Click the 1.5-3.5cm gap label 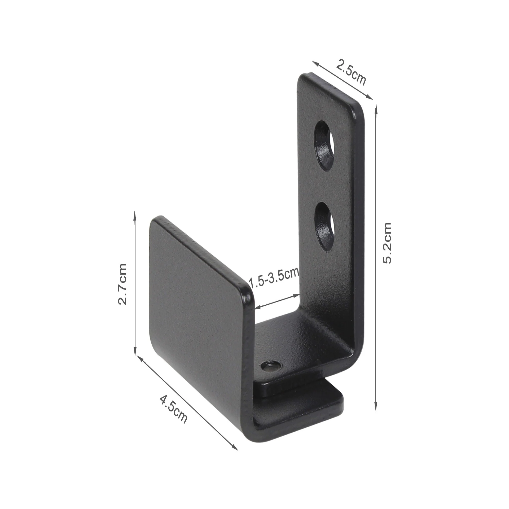(x=274, y=279)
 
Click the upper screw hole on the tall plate (x=324, y=146)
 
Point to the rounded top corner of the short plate (x=247, y=290)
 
